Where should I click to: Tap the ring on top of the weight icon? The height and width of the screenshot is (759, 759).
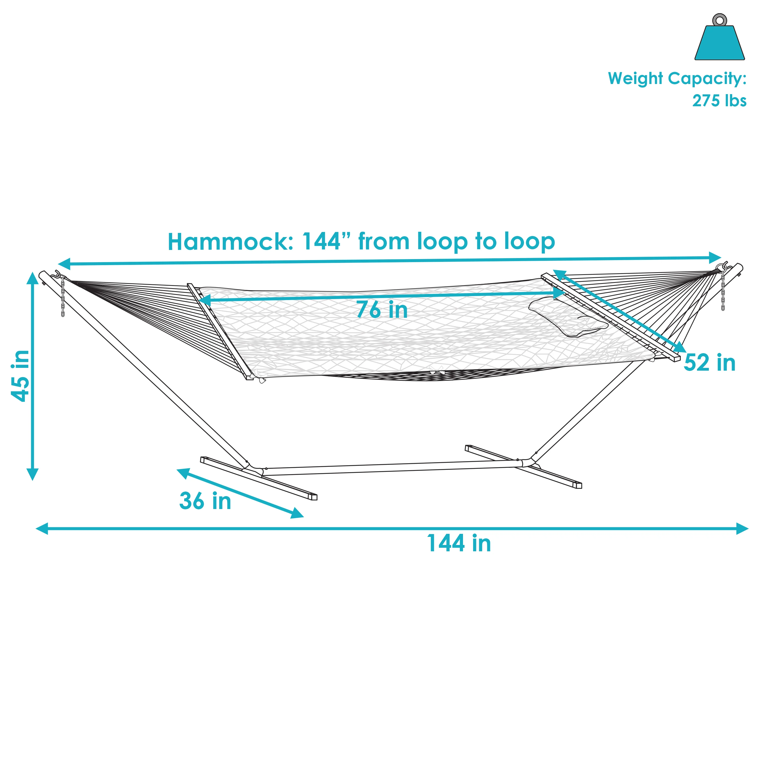pos(720,20)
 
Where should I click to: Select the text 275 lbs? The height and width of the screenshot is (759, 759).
pos(719,101)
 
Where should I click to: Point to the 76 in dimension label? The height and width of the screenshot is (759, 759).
pos(382,310)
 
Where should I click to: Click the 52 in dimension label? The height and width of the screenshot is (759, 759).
pos(709,362)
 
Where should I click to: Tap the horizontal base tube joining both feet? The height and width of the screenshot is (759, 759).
pos(393,469)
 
